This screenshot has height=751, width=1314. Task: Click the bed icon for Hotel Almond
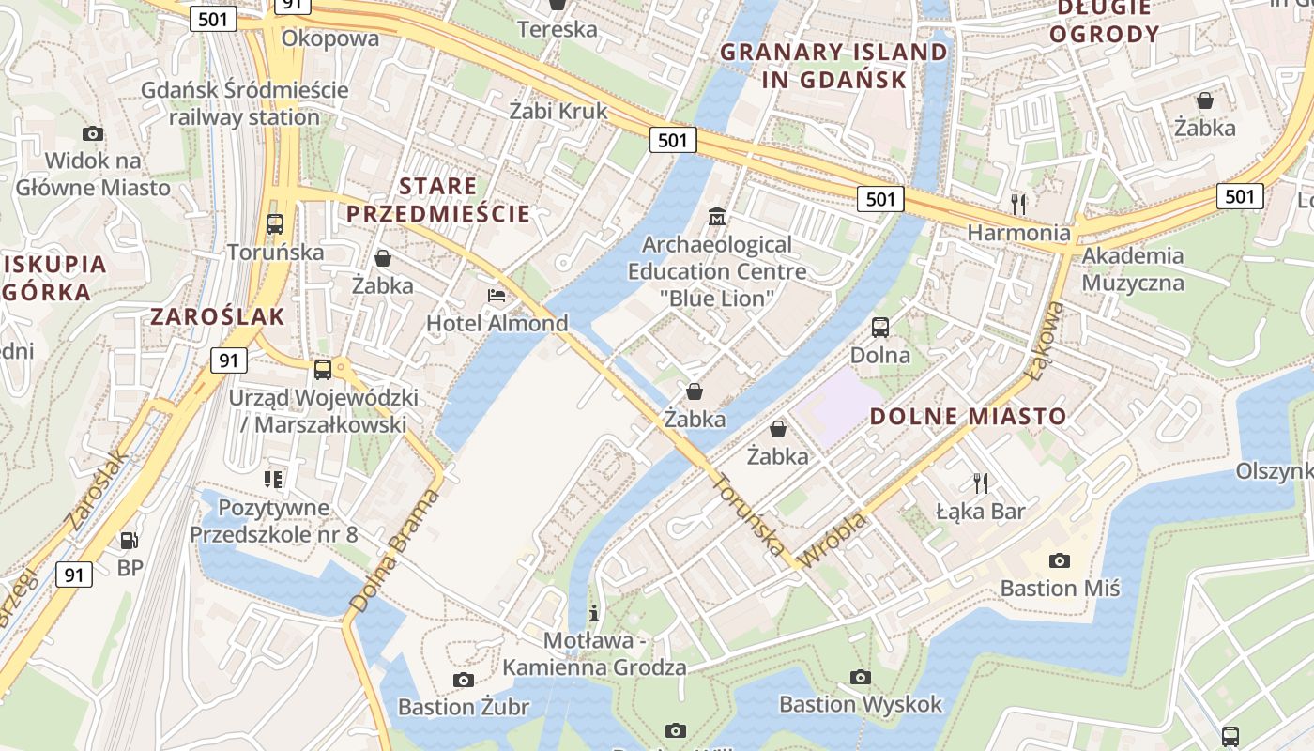497,296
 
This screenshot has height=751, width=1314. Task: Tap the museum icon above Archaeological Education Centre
717,217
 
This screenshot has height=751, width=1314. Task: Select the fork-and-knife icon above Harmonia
1017,203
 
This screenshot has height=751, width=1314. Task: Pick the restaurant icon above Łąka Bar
981,483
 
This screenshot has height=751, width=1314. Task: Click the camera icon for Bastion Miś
1060,561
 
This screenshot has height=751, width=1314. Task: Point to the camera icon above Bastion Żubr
463,680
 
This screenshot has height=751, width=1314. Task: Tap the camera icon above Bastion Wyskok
860,677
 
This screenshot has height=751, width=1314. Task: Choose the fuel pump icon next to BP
129,540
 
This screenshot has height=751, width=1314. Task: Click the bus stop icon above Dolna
880,328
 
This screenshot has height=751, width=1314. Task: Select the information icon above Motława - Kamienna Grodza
593,613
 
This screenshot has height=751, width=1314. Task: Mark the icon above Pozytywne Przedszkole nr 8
273,480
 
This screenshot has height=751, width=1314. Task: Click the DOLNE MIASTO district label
968,417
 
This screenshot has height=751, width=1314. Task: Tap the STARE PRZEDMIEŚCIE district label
438,199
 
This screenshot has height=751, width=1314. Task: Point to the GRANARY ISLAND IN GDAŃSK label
834,66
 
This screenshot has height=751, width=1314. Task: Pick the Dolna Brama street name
394,551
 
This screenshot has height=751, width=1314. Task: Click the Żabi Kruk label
558,111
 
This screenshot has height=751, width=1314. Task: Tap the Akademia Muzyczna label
1133,269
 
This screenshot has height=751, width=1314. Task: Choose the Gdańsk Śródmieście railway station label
244,104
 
